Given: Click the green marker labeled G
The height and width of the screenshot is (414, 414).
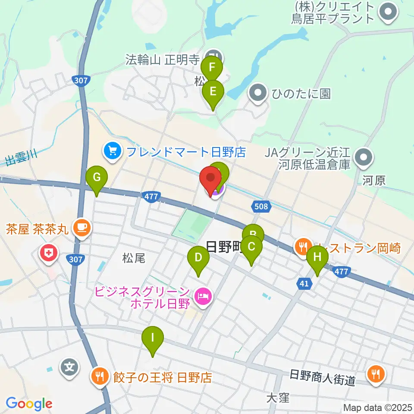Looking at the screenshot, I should pyautogui.click(x=96, y=177).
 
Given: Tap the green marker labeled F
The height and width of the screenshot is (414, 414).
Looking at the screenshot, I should pyautogui.click(x=212, y=68).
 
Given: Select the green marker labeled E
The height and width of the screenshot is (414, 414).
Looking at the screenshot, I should pyautogui.click(x=213, y=91).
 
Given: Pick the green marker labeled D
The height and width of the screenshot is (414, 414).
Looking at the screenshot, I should pyautogui.click(x=198, y=258).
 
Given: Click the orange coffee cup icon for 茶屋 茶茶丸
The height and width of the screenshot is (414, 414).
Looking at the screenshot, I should pyautogui.click(x=82, y=227).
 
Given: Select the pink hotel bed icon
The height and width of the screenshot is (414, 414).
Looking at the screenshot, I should pyautogui.click(x=203, y=296).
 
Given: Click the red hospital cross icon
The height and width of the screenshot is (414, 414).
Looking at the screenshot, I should pyautogui.click(x=48, y=253).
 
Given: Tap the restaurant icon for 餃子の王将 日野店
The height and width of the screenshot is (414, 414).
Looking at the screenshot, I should pyautogui.click(x=100, y=377).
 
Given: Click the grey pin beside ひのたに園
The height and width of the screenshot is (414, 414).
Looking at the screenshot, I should pyautogui.click(x=258, y=93).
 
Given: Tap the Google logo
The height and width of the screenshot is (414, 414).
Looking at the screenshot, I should pyautogui.click(x=29, y=404).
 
